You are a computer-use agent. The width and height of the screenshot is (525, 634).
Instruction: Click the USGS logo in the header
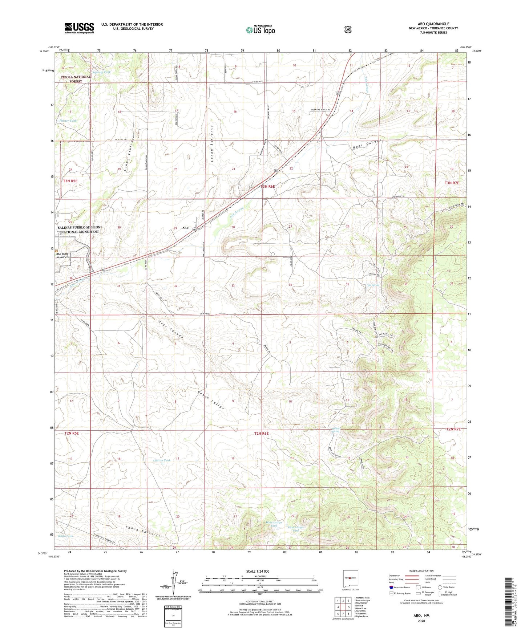click(x=79, y=28)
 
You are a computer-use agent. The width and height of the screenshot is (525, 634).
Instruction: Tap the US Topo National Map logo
click(x=260, y=30)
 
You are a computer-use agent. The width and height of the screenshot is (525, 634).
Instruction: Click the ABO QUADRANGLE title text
click(x=433, y=24)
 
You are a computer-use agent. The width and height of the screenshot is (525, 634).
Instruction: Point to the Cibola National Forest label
click(x=76, y=79)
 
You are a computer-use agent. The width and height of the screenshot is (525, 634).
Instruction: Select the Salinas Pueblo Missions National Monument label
click(x=80, y=229)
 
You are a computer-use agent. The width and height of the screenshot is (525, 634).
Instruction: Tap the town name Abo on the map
click(x=185, y=228)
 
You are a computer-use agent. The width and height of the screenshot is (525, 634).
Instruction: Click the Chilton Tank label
click(x=162, y=460)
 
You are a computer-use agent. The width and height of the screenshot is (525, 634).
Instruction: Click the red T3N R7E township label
click(x=452, y=183)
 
